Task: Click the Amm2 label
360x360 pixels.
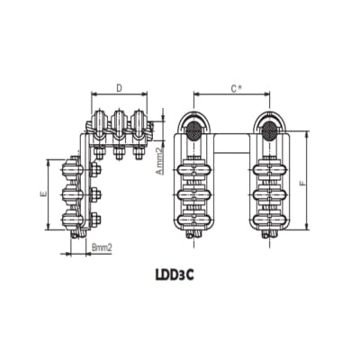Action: coord(159,162)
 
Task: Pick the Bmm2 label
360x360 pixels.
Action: coord(101,246)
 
